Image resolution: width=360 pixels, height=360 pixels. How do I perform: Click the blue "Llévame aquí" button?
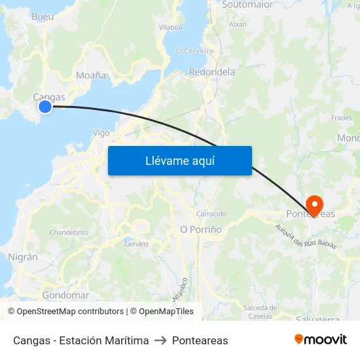(x=179, y=160)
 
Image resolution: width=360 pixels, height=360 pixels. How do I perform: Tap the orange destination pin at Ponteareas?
(x=313, y=203)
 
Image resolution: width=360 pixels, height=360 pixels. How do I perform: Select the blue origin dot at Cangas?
(x=45, y=106)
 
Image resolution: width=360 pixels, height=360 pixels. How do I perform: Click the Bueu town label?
(x=43, y=16)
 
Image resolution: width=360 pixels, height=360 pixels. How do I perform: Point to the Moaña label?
(x=91, y=75)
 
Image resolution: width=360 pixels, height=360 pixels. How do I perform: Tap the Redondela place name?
(x=211, y=72)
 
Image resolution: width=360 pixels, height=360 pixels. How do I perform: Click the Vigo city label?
(x=101, y=132)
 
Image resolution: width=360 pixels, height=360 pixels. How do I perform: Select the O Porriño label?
(x=201, y=229)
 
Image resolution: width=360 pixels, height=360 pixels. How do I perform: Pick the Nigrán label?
(x=23, y=257)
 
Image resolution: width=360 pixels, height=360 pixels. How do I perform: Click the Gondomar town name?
(x=65, y=295)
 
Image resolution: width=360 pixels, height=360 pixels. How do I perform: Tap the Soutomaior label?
(x=247, y=5)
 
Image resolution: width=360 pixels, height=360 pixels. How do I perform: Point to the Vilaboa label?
(x=171, y=27)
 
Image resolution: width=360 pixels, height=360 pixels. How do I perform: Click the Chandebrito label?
(x=69, y=232)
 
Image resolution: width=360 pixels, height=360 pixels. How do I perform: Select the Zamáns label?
(x=136, y=243)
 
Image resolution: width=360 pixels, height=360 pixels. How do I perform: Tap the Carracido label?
(x=211, y=214)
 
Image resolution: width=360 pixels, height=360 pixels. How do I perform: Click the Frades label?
(x=342, y=118)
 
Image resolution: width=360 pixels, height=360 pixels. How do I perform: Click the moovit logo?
(x=321, y=340)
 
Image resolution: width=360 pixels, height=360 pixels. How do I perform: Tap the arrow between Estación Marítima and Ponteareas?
(x=160, y=340)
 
